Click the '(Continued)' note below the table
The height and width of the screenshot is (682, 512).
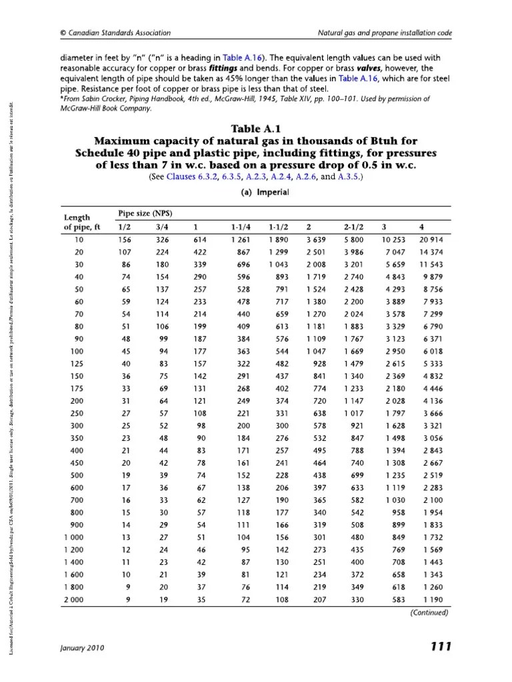point(429,613)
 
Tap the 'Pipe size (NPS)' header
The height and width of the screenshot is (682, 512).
point(145,213)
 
